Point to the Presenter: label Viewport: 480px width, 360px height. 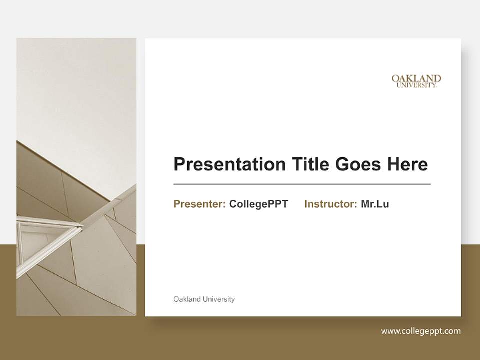click(x=199, y=204)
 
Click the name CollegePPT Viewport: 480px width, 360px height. click(x=258, y=204)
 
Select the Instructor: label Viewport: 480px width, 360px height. click(x=330, y=204)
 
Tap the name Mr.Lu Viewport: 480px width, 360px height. click(x=375, y=204)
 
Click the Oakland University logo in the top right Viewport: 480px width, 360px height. click(x=416, y=81)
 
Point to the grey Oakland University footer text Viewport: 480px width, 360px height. click(x=204, y=299)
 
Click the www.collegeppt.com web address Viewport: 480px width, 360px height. click(x=421, y=331)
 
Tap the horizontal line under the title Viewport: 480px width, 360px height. click(x=302, y=184)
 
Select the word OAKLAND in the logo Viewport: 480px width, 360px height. click(x=416, y=78)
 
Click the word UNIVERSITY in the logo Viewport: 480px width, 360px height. click(x=416, y=85)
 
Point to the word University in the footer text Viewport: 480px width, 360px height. click(x=218, y=299)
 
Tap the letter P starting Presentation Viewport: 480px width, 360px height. click(x=179, y=164)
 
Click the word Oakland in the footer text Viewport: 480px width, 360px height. click(x=187, y=299)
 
